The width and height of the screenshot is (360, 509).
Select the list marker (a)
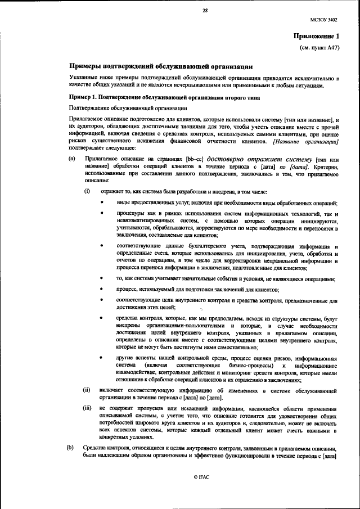(71, 159)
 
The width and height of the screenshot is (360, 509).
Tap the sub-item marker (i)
(87, 192)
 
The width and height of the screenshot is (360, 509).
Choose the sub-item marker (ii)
(87, 389)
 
